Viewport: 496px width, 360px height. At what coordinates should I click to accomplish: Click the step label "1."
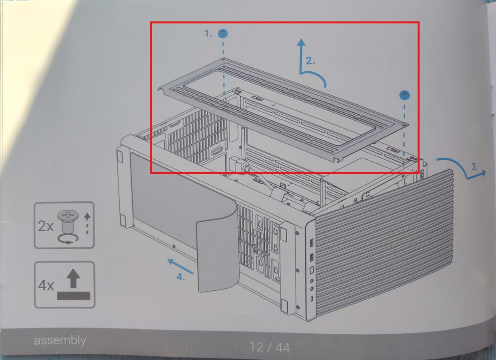click(209, 34)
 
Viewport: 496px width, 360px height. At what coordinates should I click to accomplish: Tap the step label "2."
click(310, 61)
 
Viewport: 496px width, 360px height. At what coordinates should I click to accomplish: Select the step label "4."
click(180, 277)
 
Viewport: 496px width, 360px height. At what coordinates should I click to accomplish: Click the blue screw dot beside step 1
click(223, 33)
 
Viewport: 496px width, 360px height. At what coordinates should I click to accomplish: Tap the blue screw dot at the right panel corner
click(404, 95)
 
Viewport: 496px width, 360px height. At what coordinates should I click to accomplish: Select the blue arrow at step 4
click(180, 266)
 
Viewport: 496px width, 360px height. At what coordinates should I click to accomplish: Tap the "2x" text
click(45, 226)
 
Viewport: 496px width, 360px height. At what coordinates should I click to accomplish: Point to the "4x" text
click(46, 286)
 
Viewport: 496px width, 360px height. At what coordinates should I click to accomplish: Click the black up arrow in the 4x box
click(73, 279)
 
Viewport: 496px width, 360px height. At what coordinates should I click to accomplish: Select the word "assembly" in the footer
click(60, 340)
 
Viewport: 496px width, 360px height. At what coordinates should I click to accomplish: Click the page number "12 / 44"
click(270, 347)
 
